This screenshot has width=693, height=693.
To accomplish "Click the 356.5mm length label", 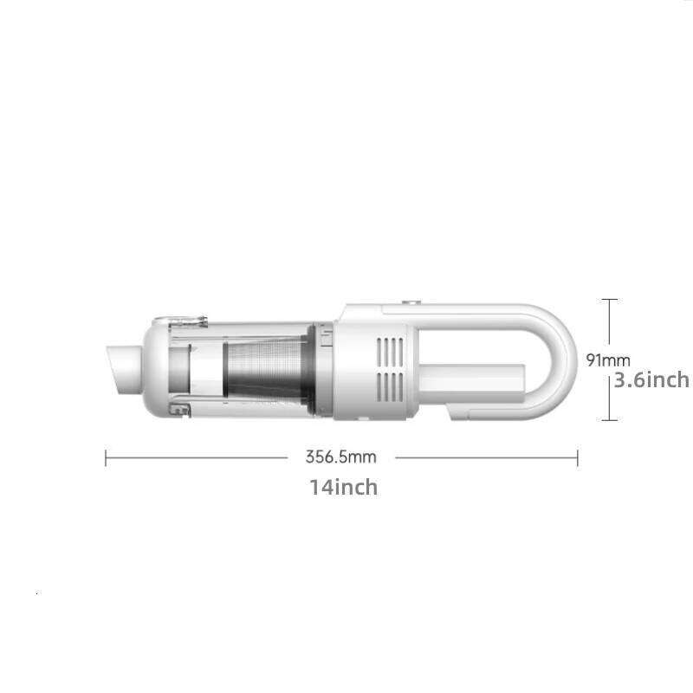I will tap(340, 457).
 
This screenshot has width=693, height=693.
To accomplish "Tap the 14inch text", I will tap(343, 487).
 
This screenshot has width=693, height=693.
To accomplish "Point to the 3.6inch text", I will tap(651, 379).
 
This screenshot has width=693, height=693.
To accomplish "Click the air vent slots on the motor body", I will tap(392, 364).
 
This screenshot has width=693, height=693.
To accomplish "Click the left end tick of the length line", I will tap(106, 457).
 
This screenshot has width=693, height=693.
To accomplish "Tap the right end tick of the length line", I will tap(577, 457).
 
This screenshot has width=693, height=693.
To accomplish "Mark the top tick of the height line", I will tap(611, 300).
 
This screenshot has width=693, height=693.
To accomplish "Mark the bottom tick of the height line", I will tap(611, 420).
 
